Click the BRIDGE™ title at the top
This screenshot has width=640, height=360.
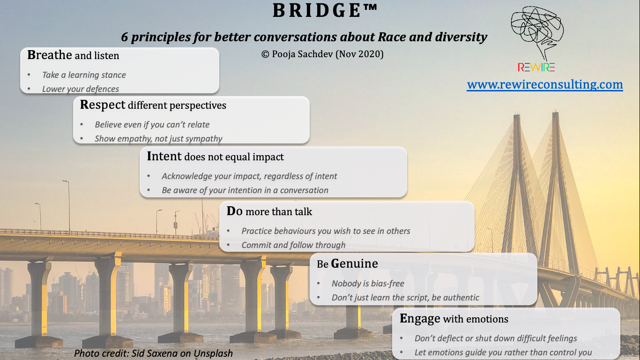pyautogui.click(x=325, y=10)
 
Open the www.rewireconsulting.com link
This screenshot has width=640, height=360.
pyautogui.click(x=545, y=85)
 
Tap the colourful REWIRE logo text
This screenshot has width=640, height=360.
pyautogui.click(x=536, y=67)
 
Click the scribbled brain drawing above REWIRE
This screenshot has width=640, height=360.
pyautogui.click(x=537, y=31)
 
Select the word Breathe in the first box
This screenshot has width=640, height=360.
pyautogui.click(x=49, y=55)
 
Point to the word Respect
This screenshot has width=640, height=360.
pyautogui.click(x=103, y=105)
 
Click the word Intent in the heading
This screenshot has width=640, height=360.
pyautogui.click(x=164, y=157)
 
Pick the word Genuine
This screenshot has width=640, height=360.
pyautogui.click(x=354, y=263)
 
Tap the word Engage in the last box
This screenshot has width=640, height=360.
pyautogui.click(x=420, y=319)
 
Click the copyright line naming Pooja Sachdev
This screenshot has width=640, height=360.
pyautogui.click(x=322, y=54)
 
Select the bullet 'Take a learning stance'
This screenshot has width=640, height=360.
pyautogui.click(x=84, y=75)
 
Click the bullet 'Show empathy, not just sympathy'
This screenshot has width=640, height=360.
pyautogui.click(x=158, y=139)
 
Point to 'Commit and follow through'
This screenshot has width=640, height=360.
pyautogui.click(x=293, y=245)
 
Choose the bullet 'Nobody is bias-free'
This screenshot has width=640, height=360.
pyautogui.click(x=368, y=284)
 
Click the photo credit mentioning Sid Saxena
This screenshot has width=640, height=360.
pyautogui.click(x=153, y=353)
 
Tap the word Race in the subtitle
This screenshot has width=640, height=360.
pyautogui.click(x=391, y=37)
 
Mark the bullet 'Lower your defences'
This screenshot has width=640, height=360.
pyautogui.click(x=81, y=89)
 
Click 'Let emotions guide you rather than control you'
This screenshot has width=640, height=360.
pyautogui.click(x=503, y=352)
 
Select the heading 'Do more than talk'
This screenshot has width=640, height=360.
pyautogui.click(x=269, y=211)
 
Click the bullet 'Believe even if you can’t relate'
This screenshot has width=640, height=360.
pyautogui.click(x=152, y=125)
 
